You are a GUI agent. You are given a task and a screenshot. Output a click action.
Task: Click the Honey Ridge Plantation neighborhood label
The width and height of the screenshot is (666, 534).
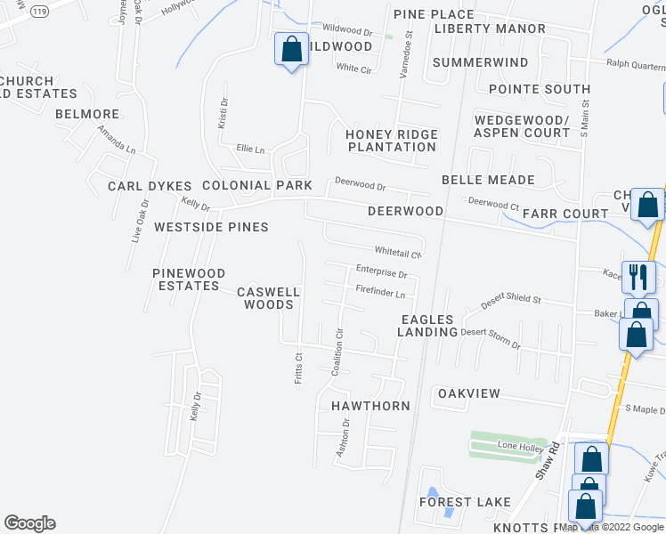coord(392,141)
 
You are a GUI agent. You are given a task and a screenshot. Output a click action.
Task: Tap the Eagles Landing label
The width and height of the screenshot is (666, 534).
coord(428,326)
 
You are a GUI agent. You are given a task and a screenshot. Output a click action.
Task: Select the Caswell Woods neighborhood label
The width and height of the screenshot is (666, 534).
coord(269,298)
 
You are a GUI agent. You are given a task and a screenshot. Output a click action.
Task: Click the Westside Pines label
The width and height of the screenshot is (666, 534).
coord(211,227)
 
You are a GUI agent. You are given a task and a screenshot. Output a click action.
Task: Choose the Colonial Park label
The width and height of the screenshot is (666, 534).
coord(257,185)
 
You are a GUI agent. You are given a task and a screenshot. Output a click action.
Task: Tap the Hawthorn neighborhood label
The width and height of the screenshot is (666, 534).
coord(370,406)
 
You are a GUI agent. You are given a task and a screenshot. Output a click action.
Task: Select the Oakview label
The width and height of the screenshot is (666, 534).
coord(468,393)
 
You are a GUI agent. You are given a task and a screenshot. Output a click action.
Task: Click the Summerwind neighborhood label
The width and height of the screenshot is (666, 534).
coord(480,62)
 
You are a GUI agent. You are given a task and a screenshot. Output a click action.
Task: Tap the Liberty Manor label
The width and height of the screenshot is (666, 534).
coord(490,28)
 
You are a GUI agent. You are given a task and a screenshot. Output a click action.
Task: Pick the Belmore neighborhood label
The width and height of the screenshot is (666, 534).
coord(87,114)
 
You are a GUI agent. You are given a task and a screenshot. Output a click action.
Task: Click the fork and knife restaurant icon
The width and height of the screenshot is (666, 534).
coord(638,277)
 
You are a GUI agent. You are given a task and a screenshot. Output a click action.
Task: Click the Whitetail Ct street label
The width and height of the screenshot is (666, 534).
coord(397,253)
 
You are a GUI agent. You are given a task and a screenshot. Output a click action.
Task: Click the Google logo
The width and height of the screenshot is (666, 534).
coord(30,523)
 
